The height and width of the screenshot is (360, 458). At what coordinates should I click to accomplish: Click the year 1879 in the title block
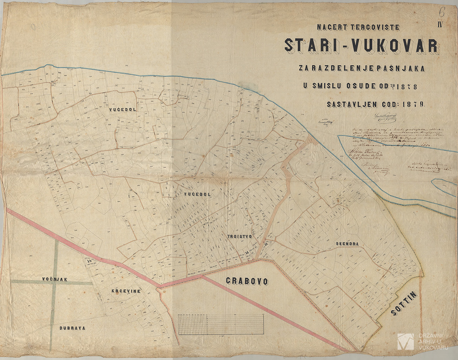(416, 104)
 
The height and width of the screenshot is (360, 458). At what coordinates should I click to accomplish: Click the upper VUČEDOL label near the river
(122, 109)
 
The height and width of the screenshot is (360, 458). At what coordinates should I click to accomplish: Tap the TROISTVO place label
(239, 237)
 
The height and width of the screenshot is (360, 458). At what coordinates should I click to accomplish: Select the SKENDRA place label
(347, 244)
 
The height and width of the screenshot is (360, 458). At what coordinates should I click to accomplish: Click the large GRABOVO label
(247, 281)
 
